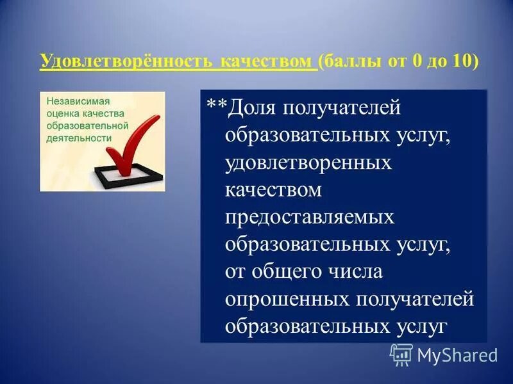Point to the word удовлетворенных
click(x=308, y=163)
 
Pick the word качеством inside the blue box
click(x=273, y=190)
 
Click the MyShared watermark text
click(x=457, y=355)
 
